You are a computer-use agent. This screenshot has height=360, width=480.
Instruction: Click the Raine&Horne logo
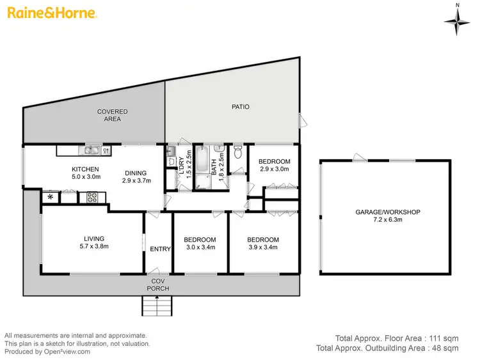click(52, 12)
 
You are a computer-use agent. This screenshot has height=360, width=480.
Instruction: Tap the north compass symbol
click(457, 21)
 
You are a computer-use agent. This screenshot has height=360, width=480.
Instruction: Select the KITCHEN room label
click(85, 169)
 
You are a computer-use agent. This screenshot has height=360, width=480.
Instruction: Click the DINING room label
click(136, 173)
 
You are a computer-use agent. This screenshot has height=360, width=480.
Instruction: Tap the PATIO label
click(240, 107)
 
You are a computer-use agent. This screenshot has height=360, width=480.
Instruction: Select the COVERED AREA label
click(113, 115)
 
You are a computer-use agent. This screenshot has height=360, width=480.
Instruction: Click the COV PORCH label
click(160, 285)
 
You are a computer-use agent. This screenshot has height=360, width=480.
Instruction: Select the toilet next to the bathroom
click(238, 152)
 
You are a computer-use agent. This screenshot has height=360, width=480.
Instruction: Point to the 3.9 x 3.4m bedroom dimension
click(264, 248)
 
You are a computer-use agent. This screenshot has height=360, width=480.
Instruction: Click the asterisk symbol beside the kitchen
click(51, 198)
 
